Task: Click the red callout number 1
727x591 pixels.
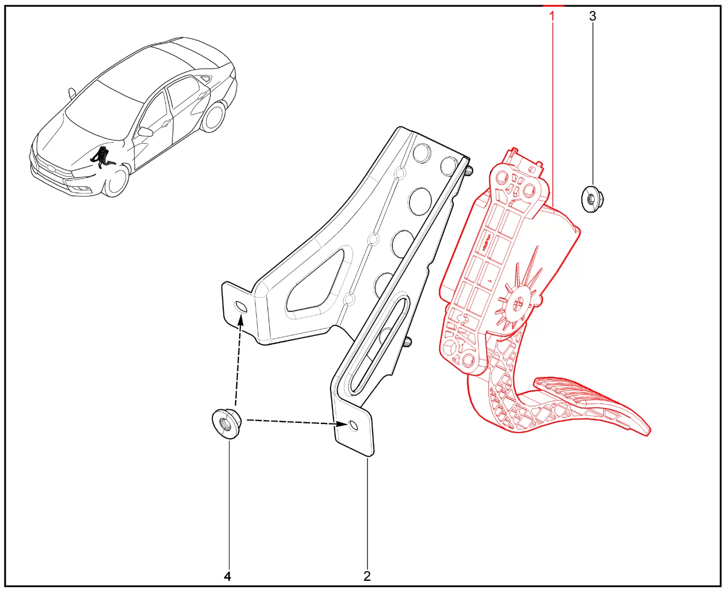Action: pos(552,16)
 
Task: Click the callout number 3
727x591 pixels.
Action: pos(592,16)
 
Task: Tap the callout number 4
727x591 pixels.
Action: pos(227,576)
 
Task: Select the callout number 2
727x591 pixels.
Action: pos(367,576)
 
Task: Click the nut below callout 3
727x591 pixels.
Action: pos(592,198)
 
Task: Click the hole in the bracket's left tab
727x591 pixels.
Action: pos(241,307)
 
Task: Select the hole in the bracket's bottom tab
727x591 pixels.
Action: pos(353,426)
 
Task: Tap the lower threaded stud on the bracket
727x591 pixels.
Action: pos(408,342)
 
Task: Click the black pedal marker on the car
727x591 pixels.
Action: pos(101,157)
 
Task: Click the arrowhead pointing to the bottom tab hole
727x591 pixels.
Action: pos(342,424)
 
